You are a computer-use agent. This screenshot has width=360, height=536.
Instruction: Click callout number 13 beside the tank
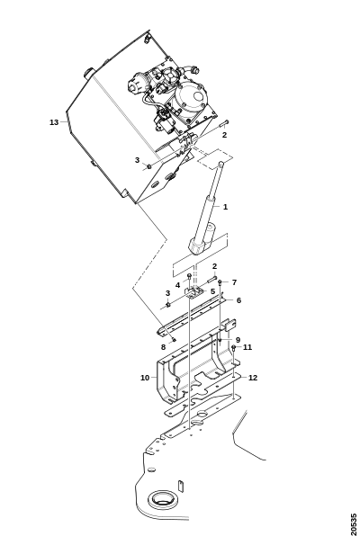[x=54, y=122]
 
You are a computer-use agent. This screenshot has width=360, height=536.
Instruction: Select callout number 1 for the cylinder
[x=225, y=207]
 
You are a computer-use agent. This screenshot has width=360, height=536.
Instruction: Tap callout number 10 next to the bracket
[x=145, y=378]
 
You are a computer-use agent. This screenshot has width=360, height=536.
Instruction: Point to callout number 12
[x=253, y=378]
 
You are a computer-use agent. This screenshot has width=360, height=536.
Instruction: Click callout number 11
[x=247, y=347]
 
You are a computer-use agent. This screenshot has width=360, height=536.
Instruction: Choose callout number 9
[x=238, y=340]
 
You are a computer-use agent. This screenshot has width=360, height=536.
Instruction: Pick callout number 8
[x=163, y=347]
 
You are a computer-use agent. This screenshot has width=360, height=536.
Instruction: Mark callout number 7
[x=234, y=282]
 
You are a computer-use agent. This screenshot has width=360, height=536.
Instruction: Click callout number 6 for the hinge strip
[x=238, y=300]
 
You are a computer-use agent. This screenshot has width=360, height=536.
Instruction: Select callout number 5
[x=212, y=291]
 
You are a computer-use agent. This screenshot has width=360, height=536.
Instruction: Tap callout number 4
[x=177, y=285]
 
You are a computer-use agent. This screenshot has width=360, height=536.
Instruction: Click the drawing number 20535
[x=354, y=524]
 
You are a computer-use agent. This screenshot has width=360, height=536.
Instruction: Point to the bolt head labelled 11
[x=234, y=348]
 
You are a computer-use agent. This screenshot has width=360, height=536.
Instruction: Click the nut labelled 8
[x=174, y=339]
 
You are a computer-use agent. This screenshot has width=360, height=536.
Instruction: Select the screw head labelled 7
[x=220, y=282]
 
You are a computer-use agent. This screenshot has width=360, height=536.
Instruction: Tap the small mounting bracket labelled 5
[x=195, y=292]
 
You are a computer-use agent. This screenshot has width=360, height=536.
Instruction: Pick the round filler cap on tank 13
[x=89, y=73]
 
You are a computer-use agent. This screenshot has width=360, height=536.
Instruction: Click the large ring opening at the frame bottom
[x=164, y=499]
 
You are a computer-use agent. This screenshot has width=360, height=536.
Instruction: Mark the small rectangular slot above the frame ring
[x=181, y=486]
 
